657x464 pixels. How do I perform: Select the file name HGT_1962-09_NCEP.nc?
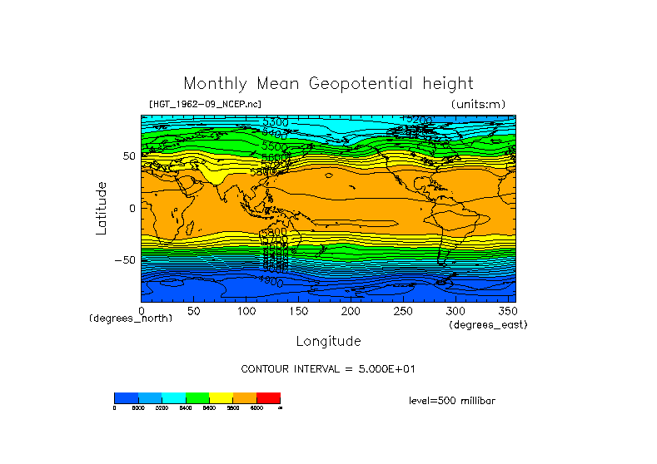pyautogui.click(x=205, y=104)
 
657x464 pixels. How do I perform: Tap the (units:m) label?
pyautogui.click(x=478, y=104)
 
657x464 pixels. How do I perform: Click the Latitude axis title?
pyautogui.click(x=102, y=208)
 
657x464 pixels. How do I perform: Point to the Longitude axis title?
pyautogui.click(x=328, y=341)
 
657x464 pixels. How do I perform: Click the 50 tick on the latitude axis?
pyautogui.click(x=129, y=155)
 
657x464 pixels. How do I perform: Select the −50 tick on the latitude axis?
pyautogui.click(x=126, y=259)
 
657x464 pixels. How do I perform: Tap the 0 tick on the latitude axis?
pyautogui.click(x=132, y=208)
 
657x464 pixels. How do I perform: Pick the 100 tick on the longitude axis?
pyautogui.click(x=246, y=310)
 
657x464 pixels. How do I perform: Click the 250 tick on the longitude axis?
pyautogui.click(x=403, y=310)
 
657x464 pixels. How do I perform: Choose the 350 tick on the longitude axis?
pyautogui.click(x=506, y=310)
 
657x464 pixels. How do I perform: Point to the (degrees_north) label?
pyautogui.click(x=131, y=318)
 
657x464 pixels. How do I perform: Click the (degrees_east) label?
pyautogui.click(x=488, y=324)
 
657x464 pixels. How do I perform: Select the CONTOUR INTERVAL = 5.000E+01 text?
pyautogui.click(x=328, y=368)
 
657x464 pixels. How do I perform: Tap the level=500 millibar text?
pyautogui.click(x=452, y=401)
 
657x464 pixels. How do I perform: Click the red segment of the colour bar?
pyautogui.click(x=268, y=397)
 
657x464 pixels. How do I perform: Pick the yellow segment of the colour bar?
pyautogui.click(x=221, y=397)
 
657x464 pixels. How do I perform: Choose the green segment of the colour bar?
pyautogui.click(x=197, y=397)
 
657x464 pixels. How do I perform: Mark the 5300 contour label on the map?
pyautogui.click(x=275, y=123)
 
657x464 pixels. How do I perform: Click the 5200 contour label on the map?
pyautogui.click(x=417, y=121)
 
